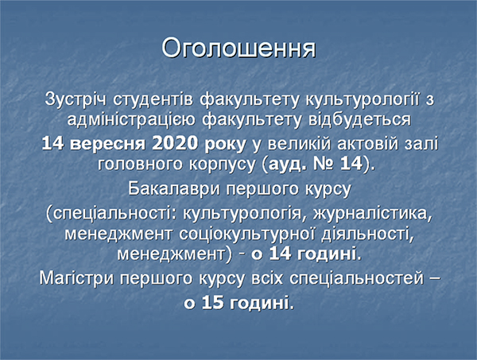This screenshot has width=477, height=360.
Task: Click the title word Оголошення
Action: tap(238, 48)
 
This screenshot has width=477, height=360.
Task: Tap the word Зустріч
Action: tap(76, 99)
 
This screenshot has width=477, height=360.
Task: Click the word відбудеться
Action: tap(359, 119)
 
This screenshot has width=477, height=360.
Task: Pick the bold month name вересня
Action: tap(107, 144)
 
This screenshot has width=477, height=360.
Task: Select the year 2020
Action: tap(175, 143)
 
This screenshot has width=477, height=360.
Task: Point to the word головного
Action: tap(140, 165)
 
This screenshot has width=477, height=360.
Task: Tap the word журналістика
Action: tap(373, 214)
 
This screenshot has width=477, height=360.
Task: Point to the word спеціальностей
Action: tap(356, 278)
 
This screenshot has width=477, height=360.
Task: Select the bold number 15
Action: tap(212, 303)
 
